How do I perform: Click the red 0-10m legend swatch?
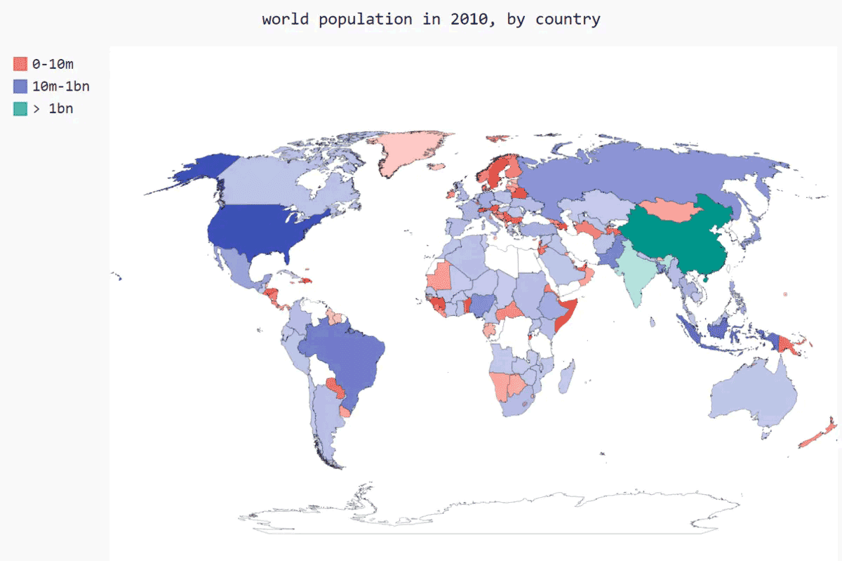(x=20, y=65)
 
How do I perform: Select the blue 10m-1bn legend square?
(x=20, y=86)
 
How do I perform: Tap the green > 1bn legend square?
(x=20, y=109)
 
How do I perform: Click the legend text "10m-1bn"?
(x=61, y=86)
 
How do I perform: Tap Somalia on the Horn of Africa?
(x=565, y=315)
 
